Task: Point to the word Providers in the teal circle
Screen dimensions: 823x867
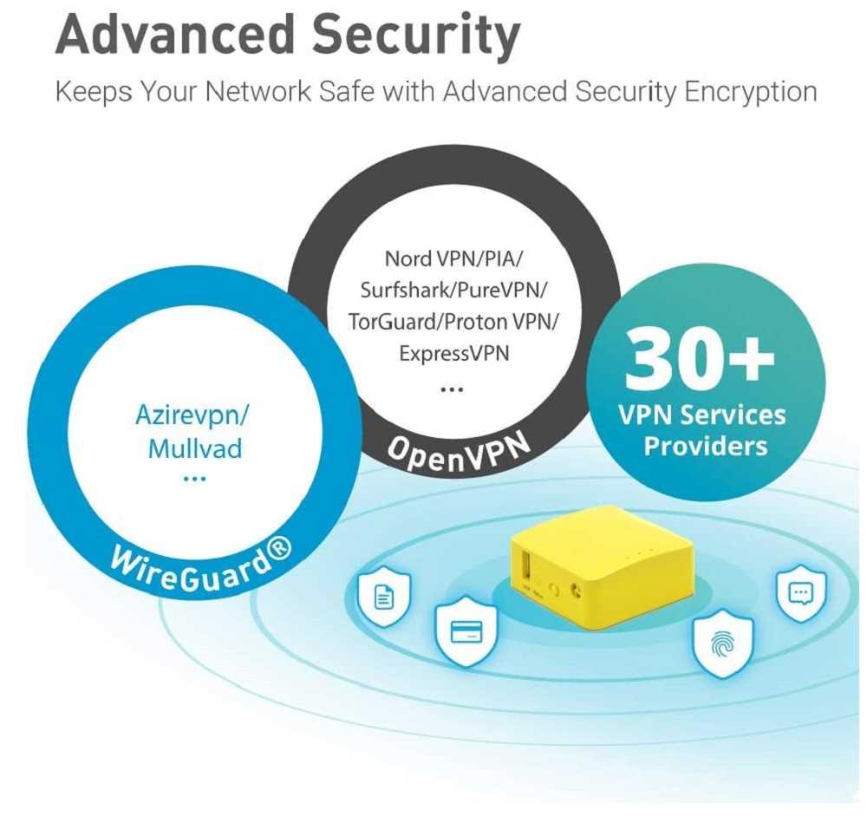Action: [706, 446]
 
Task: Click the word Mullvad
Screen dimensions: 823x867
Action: [194, 448]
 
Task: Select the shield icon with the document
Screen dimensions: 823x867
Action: [382, 597]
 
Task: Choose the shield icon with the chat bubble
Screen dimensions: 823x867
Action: [800, 592]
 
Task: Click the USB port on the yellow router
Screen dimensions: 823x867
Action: [525, 572]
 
